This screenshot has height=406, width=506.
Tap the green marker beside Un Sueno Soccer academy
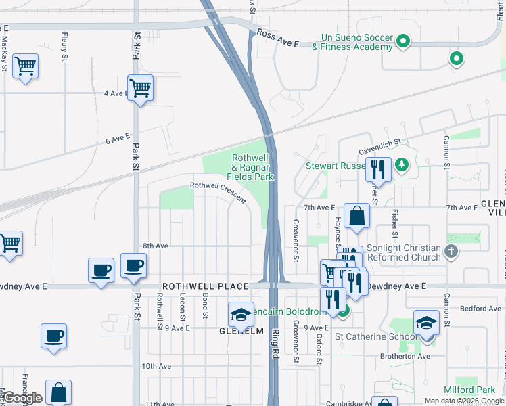tap(403, 41)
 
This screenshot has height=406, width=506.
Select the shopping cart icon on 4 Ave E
tap(140, 88)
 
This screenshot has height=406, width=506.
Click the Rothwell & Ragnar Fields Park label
tap(252, 166)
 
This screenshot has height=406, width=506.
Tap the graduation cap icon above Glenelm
tap(240, 315)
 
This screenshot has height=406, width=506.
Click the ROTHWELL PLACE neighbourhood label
tap(205, 286)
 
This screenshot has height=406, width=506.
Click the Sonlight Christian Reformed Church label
tap(403, 253)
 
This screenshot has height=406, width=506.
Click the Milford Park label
tap(469, 390)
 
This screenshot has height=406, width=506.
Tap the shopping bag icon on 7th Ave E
tap(356, 217)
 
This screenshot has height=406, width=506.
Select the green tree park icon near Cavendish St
tap(402, 164)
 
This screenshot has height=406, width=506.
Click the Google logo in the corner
tap(22, 398)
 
